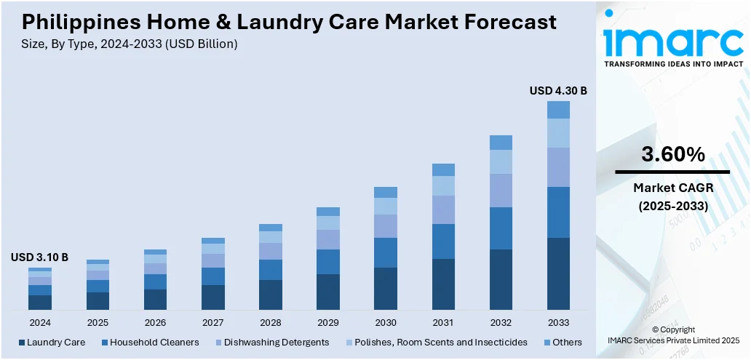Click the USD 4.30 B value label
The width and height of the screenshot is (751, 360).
point(558,91)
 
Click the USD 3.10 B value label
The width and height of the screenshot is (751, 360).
point(39,257)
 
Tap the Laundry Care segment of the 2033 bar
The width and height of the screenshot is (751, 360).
point(558,273)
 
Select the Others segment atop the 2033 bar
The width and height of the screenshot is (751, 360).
point(558,110)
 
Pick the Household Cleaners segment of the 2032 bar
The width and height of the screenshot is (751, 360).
point(501,228)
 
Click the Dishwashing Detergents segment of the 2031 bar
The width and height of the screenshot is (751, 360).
point(443,209)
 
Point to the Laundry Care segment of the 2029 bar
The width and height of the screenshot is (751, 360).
point(328,292)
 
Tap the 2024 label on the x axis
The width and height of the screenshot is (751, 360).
point(40,322)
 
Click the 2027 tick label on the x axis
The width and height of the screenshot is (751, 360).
point(213,322)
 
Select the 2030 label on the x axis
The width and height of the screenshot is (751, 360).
point(386,322)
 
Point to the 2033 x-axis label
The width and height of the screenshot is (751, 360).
point(558,322)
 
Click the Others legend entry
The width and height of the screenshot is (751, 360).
point(562,342)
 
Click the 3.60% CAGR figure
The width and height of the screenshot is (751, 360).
point(672,154)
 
